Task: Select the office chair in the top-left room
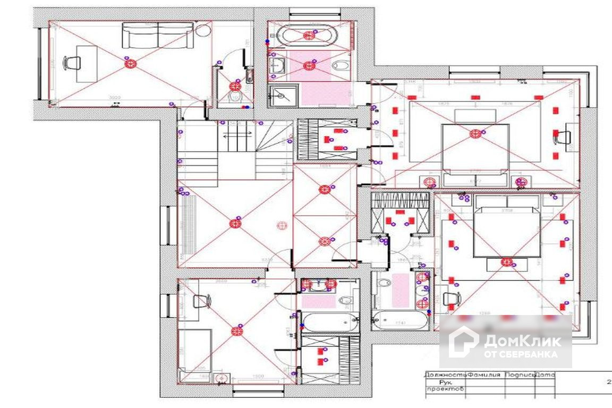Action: point(72,62)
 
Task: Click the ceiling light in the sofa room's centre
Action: point(130,64)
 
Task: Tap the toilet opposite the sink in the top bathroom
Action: point(340,65)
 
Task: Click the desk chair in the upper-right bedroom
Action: point(562,137)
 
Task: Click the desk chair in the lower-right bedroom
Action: point(450,298)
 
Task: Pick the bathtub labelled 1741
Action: point(399,320)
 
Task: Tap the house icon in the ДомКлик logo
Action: point(463,342)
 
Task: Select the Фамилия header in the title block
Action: point(485,375)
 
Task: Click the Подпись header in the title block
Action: point(519,375)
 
